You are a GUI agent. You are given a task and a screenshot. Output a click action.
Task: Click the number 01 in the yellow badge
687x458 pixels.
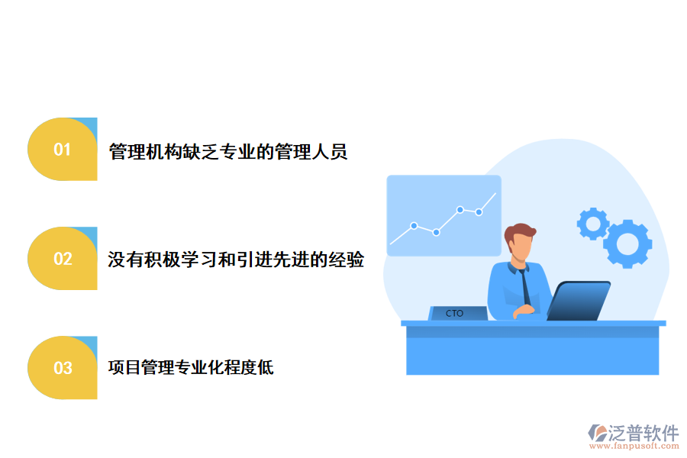(x=62, y=150)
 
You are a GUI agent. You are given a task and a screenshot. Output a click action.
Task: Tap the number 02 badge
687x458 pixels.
(x=62, y=259)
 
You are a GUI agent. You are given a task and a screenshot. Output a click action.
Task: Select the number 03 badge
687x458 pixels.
(x=62, y=368)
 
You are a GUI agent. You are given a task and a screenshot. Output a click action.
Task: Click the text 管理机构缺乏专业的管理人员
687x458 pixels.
(x=228, y=151)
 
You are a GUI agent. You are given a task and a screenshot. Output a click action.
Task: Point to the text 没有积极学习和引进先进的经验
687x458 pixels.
(x=236, y=260)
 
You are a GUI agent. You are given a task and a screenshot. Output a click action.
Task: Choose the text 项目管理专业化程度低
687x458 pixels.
(x=191, y=368)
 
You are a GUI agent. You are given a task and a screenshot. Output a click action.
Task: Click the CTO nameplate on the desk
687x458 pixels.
(x=456, y=313)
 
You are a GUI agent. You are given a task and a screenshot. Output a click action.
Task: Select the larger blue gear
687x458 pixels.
(x=627, y=244)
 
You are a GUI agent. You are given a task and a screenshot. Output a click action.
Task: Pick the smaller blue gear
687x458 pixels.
(x=592, y=224)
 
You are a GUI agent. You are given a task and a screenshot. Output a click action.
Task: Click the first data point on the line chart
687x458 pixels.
(x=414, y=226)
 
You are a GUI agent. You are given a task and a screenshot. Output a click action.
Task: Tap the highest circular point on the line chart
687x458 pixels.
(x=460, y=209)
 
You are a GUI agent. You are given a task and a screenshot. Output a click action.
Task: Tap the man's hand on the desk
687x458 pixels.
(x=524, y=312)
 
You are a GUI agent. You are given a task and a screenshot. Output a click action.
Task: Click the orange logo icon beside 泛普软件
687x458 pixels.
(x=597, y=433)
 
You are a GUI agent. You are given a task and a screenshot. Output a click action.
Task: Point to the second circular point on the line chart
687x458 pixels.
(x=436, y=232)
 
